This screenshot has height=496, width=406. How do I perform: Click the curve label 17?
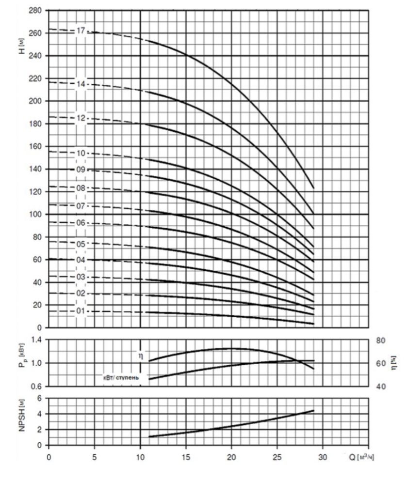pyautogui.click(x=81, y=31)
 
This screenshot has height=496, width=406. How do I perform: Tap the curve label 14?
pyautogui.click(x=81, y=84)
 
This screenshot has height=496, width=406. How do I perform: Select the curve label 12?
pyautogui.click(x=81, y=118)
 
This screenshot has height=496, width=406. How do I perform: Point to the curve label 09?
pyautogui.click(x=81, y=170)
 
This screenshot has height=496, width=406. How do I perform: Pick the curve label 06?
pyautogui.click(x=81, y=223)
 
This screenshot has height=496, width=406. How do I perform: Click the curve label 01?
pyautogui.click(x=81, y=311)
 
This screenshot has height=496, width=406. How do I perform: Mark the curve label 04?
pyautogui.click(x=81, y=260)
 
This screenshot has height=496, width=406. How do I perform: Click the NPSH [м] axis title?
pyautogui.click(x=22, y=421)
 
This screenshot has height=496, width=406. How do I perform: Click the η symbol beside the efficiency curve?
pyautogui.click(x=139, y=355)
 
